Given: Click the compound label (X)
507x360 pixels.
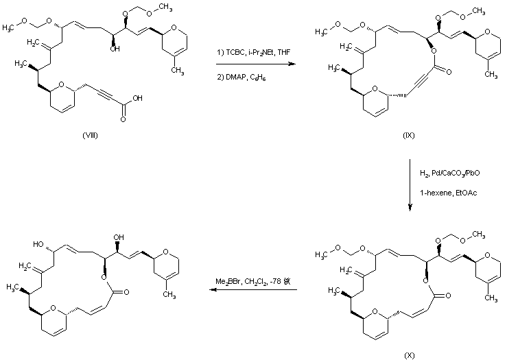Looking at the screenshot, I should coord(410,355).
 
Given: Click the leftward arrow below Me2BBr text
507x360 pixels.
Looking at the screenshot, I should coord(253,290).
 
